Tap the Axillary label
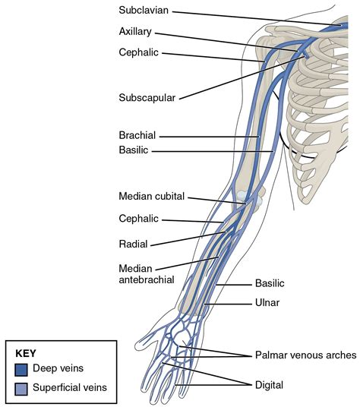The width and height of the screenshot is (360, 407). tap(135, 33)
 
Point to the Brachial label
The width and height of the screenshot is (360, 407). tap(137, 135)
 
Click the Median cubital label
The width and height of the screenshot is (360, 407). tap(151, 196)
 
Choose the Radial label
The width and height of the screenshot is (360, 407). tap(134, 245)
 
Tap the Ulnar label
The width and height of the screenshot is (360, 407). tap(267, 304)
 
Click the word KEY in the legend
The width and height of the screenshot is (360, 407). tap(27, 353)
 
